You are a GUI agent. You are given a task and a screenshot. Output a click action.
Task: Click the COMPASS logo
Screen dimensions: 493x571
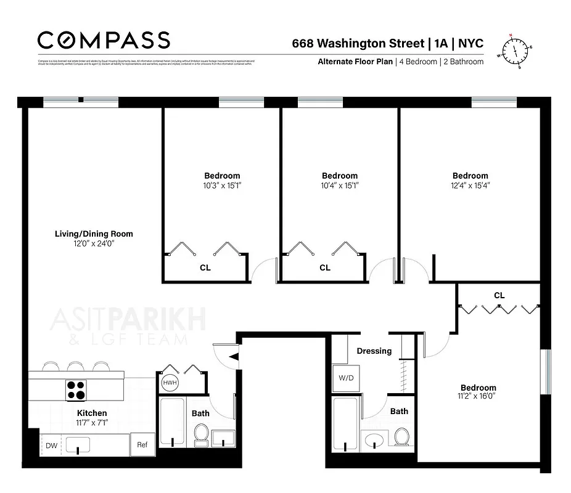coord(103,40)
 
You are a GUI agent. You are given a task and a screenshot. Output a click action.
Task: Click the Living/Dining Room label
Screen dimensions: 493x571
coord(94,234)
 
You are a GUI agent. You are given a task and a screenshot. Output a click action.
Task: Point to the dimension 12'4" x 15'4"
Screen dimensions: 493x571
coord(470,185)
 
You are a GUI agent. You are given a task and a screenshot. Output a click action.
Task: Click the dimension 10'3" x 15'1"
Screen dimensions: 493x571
coord(222,185)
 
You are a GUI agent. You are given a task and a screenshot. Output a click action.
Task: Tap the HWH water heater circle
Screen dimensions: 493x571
coord(169,383)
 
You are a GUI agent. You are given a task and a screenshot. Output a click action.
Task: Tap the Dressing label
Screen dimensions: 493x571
coord(374,351)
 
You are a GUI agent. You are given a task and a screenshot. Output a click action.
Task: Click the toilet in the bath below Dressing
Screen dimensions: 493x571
coord(401,438)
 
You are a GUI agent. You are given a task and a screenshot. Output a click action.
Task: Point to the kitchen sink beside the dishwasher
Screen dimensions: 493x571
coord(78,444)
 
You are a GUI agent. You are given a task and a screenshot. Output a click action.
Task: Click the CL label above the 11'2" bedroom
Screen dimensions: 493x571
coord(499,295)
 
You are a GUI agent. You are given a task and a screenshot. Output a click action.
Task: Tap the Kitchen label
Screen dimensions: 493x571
coord(92,413)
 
